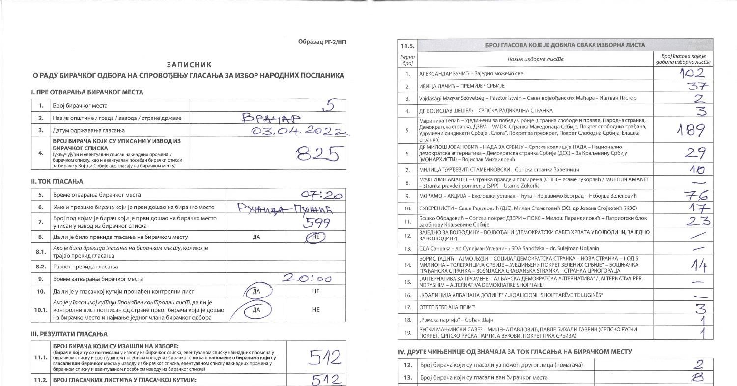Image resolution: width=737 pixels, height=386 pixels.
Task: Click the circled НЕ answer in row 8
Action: tap(315, 237)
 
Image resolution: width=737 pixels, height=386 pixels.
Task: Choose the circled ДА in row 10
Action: tap(256, 291)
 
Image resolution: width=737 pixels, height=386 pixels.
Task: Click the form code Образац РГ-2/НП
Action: tap(322, 42)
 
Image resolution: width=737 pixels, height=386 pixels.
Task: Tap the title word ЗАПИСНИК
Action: tap(189, 65)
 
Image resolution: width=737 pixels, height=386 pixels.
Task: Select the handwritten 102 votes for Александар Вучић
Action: tap(692, 73)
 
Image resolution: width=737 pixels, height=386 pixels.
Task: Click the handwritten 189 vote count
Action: tap(691, 130)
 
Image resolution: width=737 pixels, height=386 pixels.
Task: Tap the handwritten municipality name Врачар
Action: tap(270, 118)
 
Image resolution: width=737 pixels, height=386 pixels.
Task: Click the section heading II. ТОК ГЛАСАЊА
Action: tap(57, 181)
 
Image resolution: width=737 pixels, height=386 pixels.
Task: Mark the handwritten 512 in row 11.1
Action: tap(324, 357)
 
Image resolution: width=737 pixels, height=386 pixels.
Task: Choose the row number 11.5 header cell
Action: tap(407, 46)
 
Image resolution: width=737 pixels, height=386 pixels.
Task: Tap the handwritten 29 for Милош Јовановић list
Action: tap(695, 153)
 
